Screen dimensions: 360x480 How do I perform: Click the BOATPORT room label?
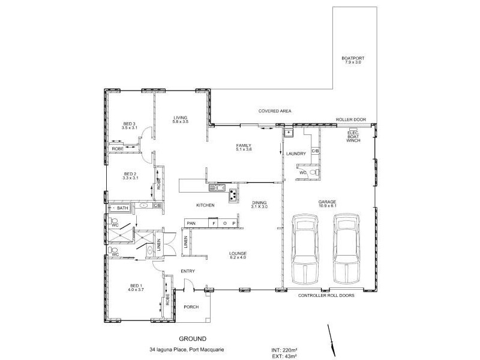tap(353, 60)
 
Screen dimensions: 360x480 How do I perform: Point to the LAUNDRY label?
tap(296, 154)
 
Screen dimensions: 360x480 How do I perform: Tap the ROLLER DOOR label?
tap(351, 120)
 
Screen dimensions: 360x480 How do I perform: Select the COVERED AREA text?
tap(275, 111)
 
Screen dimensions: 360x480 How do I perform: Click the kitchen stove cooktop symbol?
tap(232, 193)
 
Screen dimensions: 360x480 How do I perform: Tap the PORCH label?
tap(191, 307)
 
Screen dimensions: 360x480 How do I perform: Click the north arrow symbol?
tap(329, 338)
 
